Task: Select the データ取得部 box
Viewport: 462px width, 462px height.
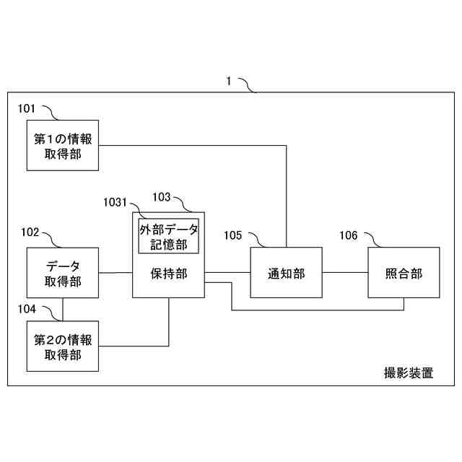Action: click(63, 273)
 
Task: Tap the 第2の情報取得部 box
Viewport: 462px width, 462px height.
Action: click(63, 346)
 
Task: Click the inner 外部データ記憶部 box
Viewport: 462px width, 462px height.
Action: click(169, 236)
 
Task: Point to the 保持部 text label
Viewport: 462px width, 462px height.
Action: click(169, 274)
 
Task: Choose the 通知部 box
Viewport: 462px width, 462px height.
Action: click(286, 272)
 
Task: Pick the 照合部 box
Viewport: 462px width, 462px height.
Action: click(404, 272)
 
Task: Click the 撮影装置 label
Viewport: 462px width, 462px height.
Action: click(408, 373)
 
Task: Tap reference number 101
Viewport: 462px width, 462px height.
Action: click(27, 108)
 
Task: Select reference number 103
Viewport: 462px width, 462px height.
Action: click(161, 196)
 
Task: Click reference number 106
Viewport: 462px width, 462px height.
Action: click(348, 235)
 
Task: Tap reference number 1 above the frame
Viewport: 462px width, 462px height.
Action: click(229, 82)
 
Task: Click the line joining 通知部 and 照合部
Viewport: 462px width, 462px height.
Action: click(345, 272)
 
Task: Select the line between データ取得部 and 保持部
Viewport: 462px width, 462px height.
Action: click(115, 272)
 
